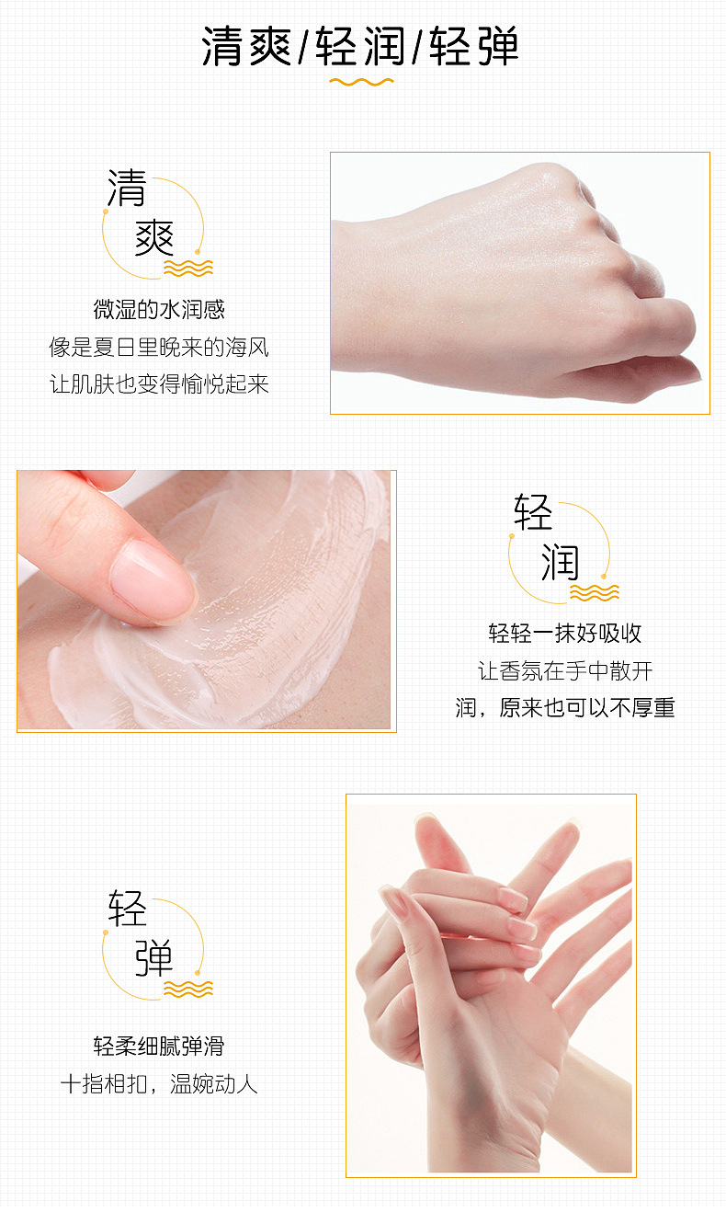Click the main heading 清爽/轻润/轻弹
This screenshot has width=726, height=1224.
[x=360, y=46]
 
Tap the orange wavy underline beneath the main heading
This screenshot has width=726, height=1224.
[x=361, y=82]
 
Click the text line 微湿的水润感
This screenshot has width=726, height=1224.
[x=159, y=309]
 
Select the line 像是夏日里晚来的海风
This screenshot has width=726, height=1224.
[x=159, y=347]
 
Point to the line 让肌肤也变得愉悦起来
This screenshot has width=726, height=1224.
[x=159, y=384]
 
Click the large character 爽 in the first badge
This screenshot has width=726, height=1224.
[x=154, y=237]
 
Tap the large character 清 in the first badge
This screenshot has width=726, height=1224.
[x=127, y=188]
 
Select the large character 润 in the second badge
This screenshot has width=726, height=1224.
[x=560, y=562]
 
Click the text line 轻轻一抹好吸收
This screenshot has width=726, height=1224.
[x=565, y=634]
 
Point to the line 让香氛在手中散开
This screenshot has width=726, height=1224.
[x=565, y=670]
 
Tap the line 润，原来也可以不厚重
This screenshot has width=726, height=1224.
[x=565, y=707]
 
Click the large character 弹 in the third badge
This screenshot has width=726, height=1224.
[x=154, y=958]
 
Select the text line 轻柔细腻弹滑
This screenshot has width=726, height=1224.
[x=159, y=1046]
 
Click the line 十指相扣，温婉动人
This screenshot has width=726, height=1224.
[x=159, y=1083]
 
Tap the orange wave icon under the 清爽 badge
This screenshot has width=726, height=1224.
[x=188, y=269]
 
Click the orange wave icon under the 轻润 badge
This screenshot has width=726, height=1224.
[x=595, y=593]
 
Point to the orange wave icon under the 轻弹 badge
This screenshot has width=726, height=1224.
[x=188, y=989]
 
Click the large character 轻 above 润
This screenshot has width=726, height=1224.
[x=533, y=512]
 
